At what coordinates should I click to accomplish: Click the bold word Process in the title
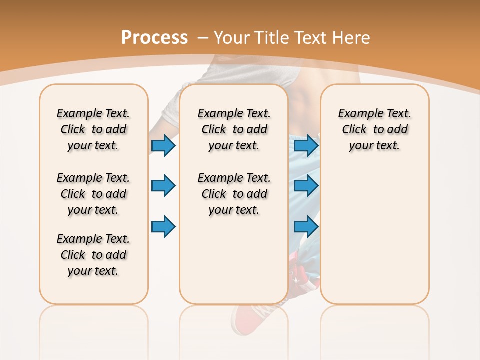point(154,38)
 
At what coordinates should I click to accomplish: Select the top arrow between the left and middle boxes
point(163,145)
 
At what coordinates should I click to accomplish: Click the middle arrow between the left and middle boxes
point(163,186)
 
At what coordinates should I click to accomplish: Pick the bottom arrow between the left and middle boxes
point(163,226)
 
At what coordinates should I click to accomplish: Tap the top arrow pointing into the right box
point(306,145)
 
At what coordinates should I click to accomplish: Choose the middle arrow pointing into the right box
point(306,186)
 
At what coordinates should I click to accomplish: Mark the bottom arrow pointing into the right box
point(306,226)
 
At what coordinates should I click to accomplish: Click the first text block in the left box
point(93,129)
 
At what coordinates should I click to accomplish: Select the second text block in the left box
point(93,194)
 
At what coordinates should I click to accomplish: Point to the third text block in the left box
point(93,255)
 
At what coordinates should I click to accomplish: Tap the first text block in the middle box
point(234,129)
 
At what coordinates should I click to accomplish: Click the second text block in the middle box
point(234,194)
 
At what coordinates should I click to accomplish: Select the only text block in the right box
point(374,129)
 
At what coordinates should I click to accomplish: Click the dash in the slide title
point(203,38)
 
